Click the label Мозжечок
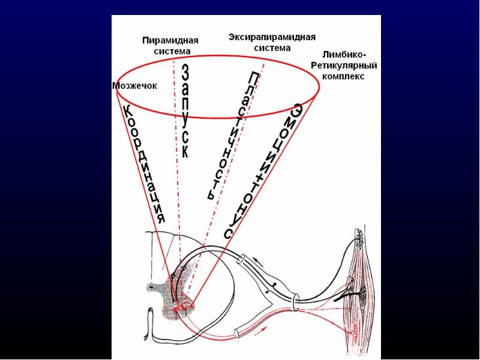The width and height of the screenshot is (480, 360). pyautogui.click(x=135, y=86)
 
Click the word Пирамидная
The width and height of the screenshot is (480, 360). pyautogui.click(x=170, y=40)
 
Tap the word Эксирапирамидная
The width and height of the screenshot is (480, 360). pyautogui.click(x=272, y=37)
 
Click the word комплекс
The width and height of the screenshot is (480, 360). pyautogui.click(x=343, y=76)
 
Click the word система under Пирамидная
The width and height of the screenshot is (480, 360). pyautogui.click(x=172, y=51)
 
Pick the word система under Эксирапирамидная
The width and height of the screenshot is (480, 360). pyautogui.click(x=272, y=47)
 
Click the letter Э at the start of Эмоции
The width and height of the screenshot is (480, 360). pyautogui.click(x=296, y=112)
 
